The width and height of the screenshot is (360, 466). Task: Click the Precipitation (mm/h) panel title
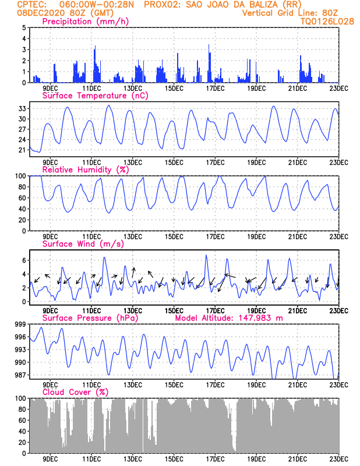point(85,22)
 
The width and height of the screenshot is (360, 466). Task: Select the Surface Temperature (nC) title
point(95,96)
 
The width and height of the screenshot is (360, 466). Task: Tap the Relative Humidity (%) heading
point(85,170)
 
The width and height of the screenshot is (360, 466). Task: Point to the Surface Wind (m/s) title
point(83,244)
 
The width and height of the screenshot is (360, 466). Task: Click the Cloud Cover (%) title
point(75,392)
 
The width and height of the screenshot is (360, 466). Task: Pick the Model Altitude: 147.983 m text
point(229,318)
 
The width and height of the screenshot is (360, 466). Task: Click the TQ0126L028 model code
point(327,22)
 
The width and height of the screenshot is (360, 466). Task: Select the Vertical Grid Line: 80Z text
point(290,13)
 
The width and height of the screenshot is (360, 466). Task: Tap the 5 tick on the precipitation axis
point(24,27)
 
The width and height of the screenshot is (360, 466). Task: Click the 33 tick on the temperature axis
point(22,109)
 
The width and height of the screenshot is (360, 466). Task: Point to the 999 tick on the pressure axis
point(20,324)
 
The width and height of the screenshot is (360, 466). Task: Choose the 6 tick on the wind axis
point(24,260)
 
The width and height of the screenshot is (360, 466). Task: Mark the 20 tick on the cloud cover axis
point(22,443)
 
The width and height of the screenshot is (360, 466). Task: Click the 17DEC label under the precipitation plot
point(215,89)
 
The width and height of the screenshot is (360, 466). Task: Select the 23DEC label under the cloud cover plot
point(338,459)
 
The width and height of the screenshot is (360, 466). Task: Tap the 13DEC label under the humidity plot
point(133,237)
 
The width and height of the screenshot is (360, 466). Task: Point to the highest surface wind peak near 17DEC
point(206,255)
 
